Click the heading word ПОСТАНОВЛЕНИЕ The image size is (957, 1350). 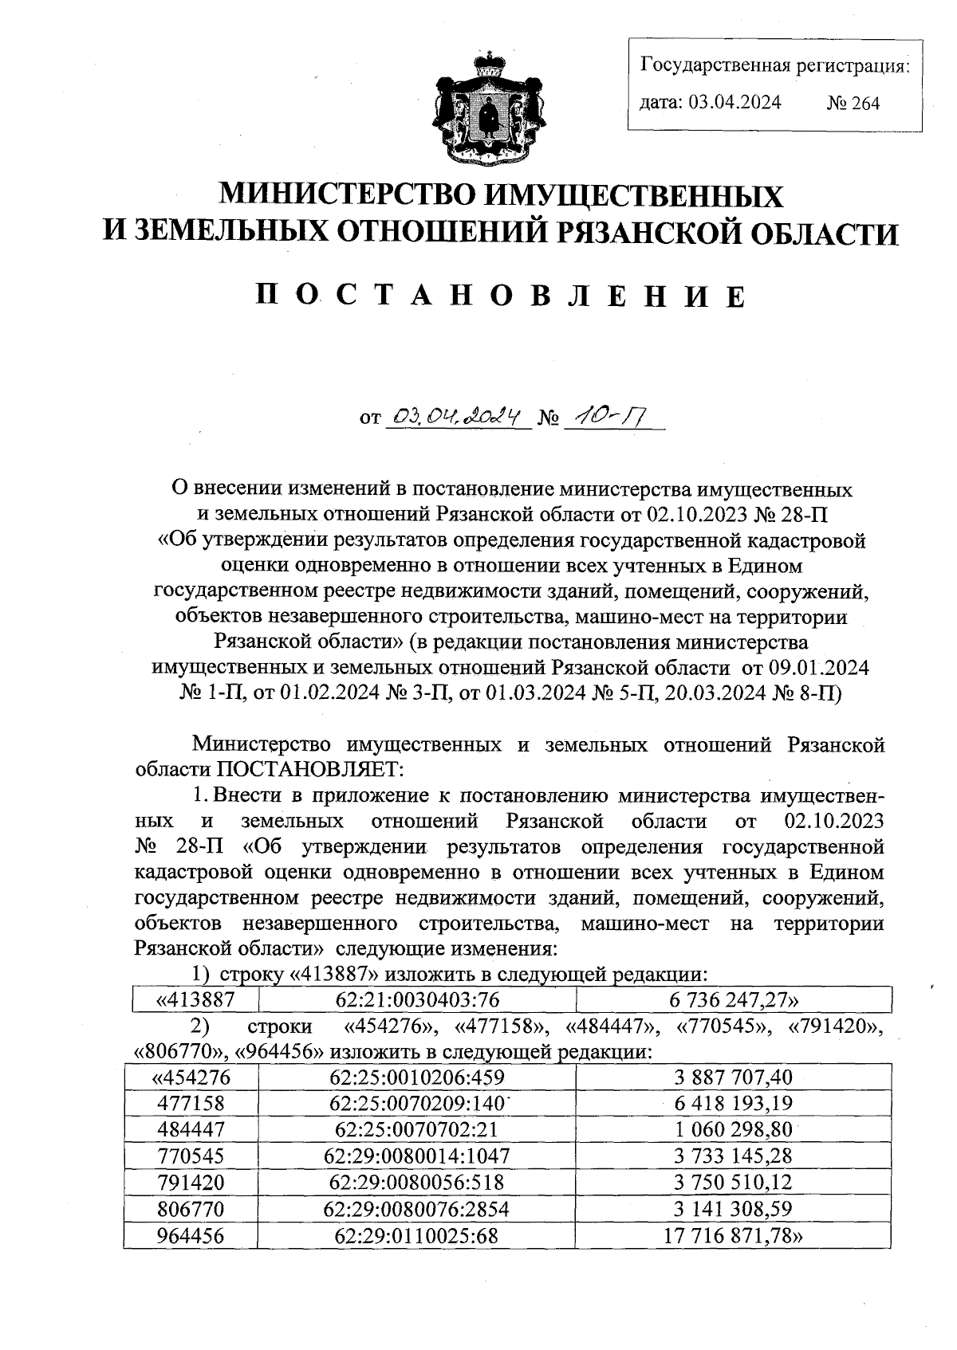pos(501,296)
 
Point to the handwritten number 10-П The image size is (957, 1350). pos(607,415)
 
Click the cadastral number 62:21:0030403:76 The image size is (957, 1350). pos(417,999)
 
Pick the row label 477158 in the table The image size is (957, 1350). pos(191,1104)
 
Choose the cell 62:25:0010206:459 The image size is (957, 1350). pos(417,1078)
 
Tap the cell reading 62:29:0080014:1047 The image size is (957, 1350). pos(417,1156)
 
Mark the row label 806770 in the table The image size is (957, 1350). pos(191,1209)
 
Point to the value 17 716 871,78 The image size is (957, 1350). pos(732,1235)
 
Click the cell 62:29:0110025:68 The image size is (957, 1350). pos(417,1235)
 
